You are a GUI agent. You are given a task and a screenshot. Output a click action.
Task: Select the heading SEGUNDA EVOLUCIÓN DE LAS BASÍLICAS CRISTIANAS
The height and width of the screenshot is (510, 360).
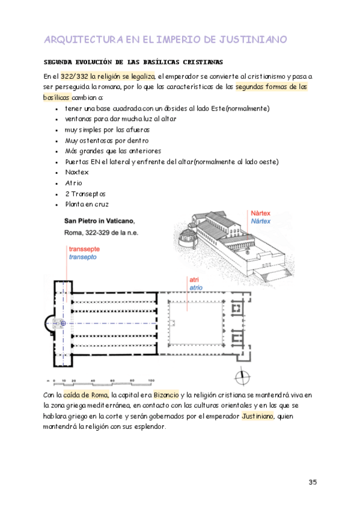(x=133, y=62)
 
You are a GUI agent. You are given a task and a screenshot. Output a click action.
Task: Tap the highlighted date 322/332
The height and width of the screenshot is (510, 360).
(x=75, y=76)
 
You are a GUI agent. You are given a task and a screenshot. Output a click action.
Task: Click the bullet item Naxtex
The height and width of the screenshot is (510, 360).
(x=77, y=172)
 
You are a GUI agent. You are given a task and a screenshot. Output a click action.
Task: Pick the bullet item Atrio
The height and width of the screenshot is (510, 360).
(x=74, y=183)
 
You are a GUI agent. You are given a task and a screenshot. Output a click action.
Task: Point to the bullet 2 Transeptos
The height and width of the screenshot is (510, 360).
(x=85, y=194)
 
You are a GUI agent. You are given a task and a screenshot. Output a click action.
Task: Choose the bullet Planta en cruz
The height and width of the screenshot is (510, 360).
(x=87, y=204)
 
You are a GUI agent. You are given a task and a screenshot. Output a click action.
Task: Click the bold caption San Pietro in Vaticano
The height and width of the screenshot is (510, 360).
(x=99, y=221)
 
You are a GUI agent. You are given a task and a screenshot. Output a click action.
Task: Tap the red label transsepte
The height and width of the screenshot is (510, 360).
(x=84, y=249)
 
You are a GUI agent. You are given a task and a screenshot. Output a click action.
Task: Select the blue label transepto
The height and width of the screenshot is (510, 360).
(x=82, y=257)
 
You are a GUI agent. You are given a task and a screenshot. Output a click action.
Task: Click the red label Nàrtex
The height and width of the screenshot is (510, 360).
(x=261, y=213)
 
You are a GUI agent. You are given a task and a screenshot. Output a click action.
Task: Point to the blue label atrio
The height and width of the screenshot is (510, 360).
(x=196, y=287)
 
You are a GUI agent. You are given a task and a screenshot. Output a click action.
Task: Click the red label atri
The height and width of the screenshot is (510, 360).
(x=194, y=280)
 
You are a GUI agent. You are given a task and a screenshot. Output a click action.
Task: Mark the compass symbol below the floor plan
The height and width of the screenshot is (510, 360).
(x=242, y=377)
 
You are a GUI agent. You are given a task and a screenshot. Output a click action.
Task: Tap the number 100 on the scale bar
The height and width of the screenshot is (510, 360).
(x=151, y=380)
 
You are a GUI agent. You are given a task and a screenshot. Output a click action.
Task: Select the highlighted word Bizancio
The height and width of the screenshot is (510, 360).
(x=166, y=395)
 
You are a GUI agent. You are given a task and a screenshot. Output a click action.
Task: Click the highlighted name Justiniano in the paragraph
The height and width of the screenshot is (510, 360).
(x=258, y=416)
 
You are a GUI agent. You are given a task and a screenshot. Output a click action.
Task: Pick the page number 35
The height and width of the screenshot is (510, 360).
(x=313, y=482)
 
